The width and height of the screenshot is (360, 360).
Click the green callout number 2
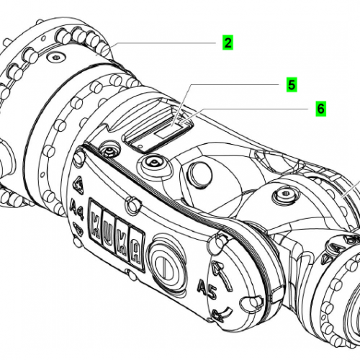[x=228, y=42]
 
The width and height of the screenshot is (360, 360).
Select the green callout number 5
[x=292, y=85]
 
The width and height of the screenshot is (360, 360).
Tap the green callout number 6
[x=321, y=109]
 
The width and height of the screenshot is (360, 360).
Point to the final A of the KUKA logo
[x=136, y=248]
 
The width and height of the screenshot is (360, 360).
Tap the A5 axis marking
[x=207, y=288]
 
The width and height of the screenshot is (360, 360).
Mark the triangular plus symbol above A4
[x=79, y=185]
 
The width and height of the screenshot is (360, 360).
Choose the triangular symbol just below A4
[x=78, y=229]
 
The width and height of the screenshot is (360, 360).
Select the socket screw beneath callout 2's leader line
[x=57, y=58]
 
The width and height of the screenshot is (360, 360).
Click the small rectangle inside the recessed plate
[x=164, y=133]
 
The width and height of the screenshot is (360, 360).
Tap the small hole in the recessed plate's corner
[x=140, y=145]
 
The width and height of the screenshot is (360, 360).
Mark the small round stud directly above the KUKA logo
[x=132, y=204]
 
